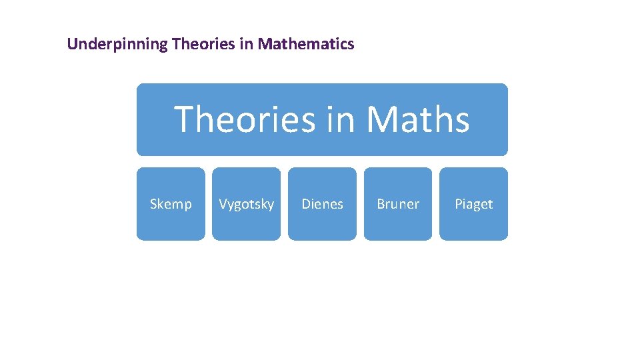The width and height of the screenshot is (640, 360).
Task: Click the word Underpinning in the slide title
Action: [117, 45]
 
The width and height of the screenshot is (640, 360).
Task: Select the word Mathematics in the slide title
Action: [306, 45]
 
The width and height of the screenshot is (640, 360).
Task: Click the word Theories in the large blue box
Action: [245, 120]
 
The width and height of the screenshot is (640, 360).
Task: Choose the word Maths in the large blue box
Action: [418, 120]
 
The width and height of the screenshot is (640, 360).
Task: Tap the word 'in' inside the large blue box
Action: [341, 120]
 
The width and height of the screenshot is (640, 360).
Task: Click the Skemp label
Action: [171, 204]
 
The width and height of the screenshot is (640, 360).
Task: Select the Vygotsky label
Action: [246, 204]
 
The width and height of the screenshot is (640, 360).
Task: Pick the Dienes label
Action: [322, 204]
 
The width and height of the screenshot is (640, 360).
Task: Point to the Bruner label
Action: [398, 204]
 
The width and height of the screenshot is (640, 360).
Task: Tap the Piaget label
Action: [473, 204]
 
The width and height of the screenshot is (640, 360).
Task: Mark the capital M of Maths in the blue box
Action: [381, 120]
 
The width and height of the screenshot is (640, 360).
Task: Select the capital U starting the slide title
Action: [72, 45]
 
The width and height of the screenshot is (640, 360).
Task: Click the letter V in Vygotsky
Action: [223, 204]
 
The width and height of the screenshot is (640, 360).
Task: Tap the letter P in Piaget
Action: [459, 204]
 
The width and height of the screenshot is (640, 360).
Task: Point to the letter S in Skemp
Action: [153, 204]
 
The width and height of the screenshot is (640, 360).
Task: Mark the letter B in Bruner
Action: [381, 204]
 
